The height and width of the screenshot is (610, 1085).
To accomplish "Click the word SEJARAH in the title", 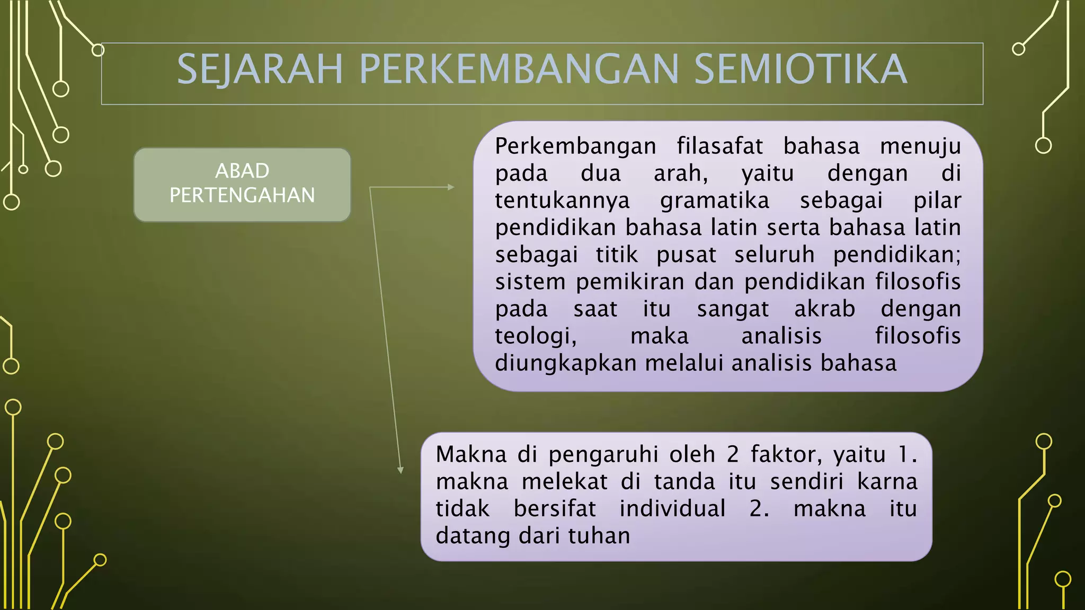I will tap(260, 69).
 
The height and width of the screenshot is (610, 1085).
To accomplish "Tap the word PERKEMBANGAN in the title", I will tap(519, 69).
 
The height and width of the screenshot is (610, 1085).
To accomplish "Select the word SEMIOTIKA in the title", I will tap(801, 69).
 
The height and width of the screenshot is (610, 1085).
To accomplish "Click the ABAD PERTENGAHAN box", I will tap(242, 184).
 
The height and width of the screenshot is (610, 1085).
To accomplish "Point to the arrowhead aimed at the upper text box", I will tap(451, 187).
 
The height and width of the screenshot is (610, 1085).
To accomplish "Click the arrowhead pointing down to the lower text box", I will tap(401, 470).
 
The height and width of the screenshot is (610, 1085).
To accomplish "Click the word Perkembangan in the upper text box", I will tap(575, 146).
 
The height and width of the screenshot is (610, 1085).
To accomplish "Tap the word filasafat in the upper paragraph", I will tap(719, 146).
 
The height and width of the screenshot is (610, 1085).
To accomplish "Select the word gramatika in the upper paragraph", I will tap(714, 201).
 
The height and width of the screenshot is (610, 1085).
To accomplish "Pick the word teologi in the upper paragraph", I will tap(535, 336).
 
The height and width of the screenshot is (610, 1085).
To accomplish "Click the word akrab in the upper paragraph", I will tap(824, 309).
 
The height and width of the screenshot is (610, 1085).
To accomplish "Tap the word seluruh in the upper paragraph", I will tap(774, 255).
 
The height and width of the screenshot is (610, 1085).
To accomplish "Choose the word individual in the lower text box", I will tap(672, 509).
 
